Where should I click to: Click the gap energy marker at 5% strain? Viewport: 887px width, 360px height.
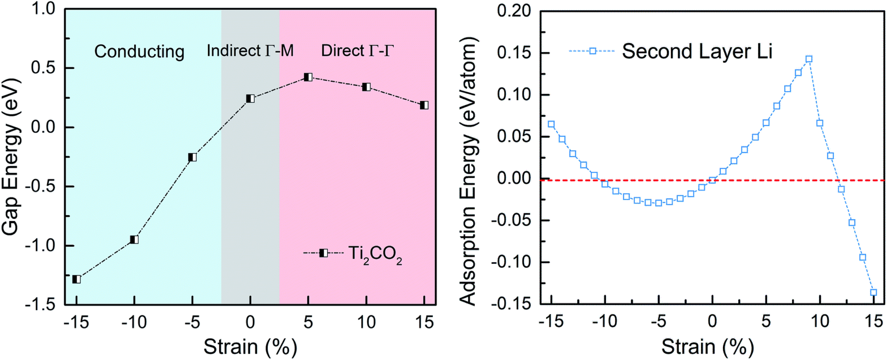tap(308, 77)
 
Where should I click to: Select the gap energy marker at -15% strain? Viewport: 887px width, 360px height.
tap(76, 279)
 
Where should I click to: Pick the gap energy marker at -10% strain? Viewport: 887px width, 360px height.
tap(134, 240)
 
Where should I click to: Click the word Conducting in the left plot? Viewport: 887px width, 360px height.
tap(140, 52)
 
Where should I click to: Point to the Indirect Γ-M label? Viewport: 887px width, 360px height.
tap(250, 51)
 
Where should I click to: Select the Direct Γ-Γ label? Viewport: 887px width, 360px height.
tap(357, 51)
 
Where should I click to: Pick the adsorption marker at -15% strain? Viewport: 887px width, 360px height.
tap(551, 124)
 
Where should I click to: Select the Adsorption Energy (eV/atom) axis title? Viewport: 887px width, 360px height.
tap(468, 171)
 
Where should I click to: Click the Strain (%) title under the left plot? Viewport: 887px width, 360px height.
tap(250, 347)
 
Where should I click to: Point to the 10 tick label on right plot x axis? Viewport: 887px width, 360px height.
tap(820, 321)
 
